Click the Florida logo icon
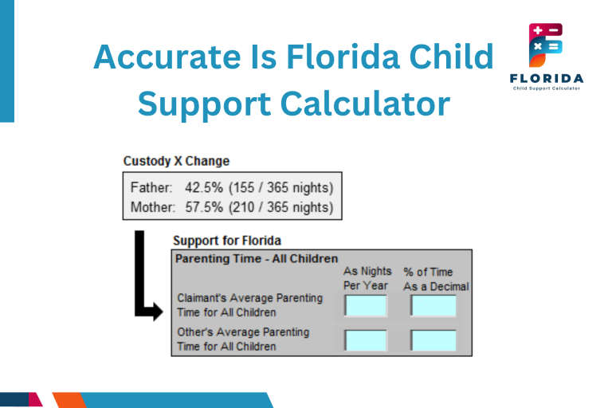pyautogui.click(x=545, y=46)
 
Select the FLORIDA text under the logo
pyautogui.click(x=545, y=78)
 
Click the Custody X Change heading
pyautogui.click(x=176, y=161)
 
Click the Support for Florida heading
pyautogui.click(x=227, y=240)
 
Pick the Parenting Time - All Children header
pyautogui.click(x=256, y=258)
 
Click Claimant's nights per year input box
pyautogui.click(x=366, y=306)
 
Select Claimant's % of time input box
pyautogui.click(x=433, y=306)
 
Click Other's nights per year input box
pyautogui.click(x=366, y=340)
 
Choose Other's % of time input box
pyautogui.click(x=433, y=340)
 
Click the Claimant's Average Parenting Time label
pyautogui.click(x=249, y=305)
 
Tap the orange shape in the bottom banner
pyautogui.click(x=68, y=399)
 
